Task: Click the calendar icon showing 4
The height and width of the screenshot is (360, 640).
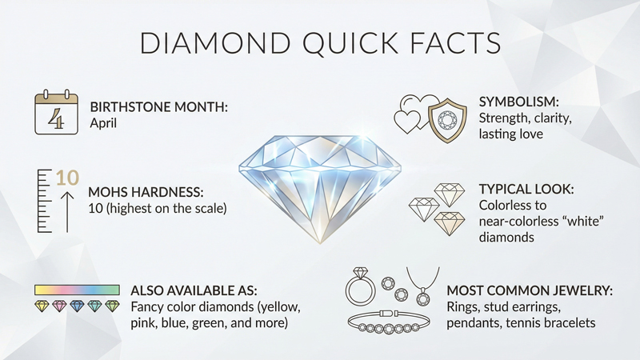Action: (x=55, y=114)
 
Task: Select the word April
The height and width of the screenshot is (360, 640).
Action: (x=105, y=124)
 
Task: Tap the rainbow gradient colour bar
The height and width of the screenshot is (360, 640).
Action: (x=77, y=289)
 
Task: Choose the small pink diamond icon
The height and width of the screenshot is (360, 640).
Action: (x=61, y=306)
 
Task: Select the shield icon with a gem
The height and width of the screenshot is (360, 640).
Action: (x=444, y=120)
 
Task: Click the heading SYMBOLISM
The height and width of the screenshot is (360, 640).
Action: (x=514, y=103)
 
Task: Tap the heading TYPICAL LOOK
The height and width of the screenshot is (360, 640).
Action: (x=527, y=190)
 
